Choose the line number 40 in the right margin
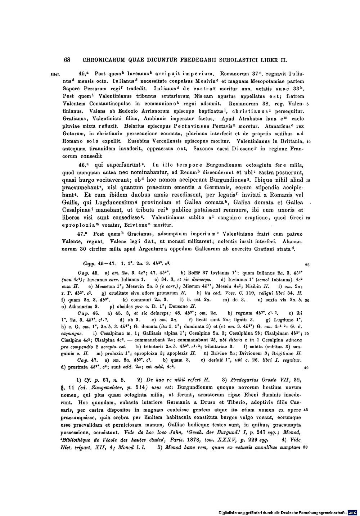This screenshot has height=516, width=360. click(306, 368)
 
